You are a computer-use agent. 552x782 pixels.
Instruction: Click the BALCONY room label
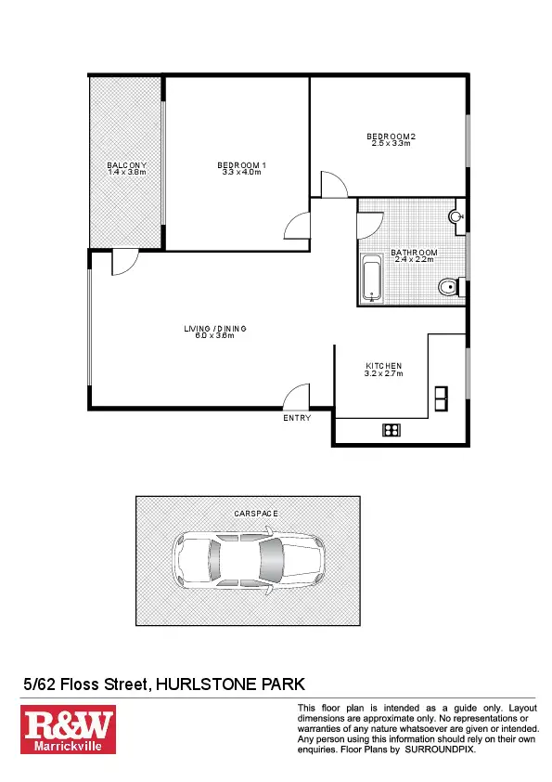(127, 165)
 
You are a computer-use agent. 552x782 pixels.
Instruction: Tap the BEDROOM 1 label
(242, 165)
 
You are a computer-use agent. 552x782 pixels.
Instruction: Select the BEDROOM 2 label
(391, 137)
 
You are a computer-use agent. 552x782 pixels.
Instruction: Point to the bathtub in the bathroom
(371, 280)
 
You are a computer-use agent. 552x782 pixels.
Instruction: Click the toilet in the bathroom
(450, 286)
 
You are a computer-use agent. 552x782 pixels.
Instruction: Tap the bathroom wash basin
(456, 217)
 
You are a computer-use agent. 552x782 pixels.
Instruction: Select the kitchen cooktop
(391, 429)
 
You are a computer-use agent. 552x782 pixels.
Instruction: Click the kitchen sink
(441, 398)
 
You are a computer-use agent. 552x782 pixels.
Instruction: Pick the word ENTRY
(297, 419)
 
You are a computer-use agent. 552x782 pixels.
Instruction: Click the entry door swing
(297, 398)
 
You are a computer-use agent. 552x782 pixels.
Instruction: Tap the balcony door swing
(124, 262)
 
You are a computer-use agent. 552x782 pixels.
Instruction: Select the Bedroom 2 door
(332, 184)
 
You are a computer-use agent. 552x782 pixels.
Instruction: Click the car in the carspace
(248, 560)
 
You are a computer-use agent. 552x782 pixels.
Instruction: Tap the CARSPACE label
(248, 513)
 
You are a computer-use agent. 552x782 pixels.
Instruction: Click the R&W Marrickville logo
(69, 730)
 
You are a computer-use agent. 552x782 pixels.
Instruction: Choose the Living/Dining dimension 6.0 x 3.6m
(214, 335)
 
